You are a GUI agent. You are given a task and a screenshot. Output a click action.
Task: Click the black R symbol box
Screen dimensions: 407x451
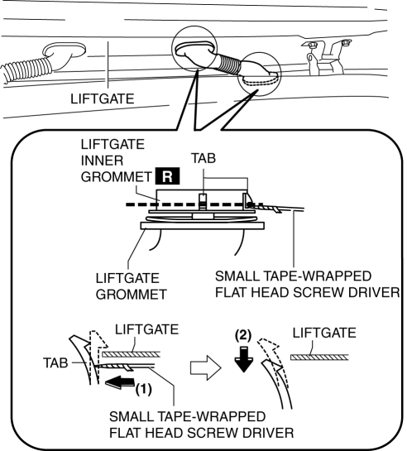(167, 176)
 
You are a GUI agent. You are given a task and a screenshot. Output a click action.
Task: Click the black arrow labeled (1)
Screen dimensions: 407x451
(120, 382)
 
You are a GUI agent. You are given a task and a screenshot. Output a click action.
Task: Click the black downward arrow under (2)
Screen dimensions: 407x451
(243, 360)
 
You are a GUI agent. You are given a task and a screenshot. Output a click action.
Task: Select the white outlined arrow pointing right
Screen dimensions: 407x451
(205, 368)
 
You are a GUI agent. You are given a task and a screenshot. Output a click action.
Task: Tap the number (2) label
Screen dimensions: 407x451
(243, 335)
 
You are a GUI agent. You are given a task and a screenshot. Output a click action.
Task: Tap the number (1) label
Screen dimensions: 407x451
(143, 390)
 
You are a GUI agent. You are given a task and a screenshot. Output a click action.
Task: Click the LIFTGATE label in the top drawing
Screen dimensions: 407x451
(103, 98)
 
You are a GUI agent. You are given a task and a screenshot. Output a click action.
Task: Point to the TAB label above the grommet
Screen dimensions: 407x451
(203, 158)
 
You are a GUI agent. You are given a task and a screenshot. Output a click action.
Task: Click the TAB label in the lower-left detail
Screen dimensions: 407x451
(55, 362)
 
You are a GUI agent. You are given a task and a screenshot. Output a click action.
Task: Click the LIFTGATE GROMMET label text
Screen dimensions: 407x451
(131, 286)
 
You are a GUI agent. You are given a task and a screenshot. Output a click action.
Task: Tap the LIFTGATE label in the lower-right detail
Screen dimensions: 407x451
(324, 333)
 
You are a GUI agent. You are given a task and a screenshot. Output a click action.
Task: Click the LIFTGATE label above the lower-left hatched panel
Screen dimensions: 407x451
(146, 329)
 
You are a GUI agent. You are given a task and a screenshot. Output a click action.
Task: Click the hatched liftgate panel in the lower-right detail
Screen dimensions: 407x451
(319, 357)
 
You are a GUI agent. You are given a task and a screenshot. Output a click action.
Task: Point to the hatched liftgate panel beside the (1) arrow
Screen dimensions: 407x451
(131, 354)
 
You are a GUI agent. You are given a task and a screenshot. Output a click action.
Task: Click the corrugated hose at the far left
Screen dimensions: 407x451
(26, 70)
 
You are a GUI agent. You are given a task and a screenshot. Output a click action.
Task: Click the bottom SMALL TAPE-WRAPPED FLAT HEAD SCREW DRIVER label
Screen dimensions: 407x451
(202, 425)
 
